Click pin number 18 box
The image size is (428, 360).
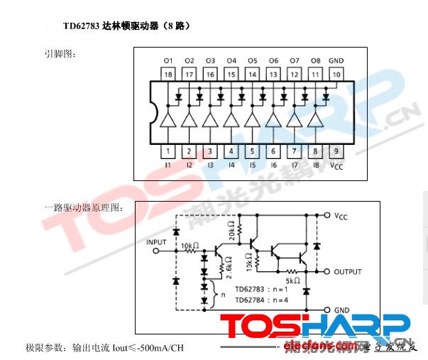pos(168,73)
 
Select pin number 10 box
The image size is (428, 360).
pos(336,73)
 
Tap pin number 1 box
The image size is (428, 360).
pos(168,151)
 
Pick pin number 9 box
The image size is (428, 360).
pos(336,151)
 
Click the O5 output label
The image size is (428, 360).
pos(252,60)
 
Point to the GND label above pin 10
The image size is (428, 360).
pos(336,60)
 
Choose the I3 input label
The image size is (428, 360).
pos(210,165)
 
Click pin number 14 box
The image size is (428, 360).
pos(252,73)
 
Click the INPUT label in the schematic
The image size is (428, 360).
pos(156,242)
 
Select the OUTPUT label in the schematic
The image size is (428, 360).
pos(348,272)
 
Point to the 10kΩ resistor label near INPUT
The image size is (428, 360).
pos(190,245)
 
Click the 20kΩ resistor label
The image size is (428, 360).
pos(232,231)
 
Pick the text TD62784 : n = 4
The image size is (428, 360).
pos(262,300)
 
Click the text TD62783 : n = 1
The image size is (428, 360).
pos(262,290)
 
